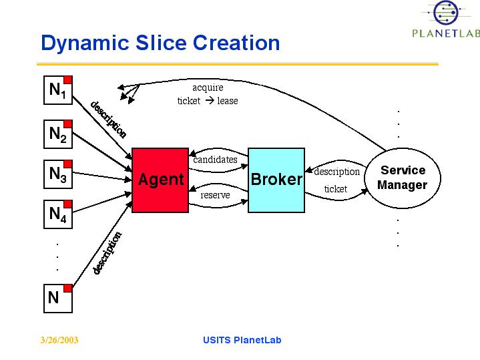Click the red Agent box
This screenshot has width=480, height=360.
[x=160, y=180]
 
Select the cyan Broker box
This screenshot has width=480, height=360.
[x=276, y=180]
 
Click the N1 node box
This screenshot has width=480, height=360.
[x=58, y=90]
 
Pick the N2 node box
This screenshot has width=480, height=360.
[x=58, y=134]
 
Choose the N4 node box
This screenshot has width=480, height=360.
[x=58, y=215]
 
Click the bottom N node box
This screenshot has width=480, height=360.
[x=58, y=298]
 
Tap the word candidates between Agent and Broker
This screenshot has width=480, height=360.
[x=215, y=160]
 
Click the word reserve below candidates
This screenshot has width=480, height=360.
[x=215, y=196]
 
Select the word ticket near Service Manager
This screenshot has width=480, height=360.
[x=335, y=189]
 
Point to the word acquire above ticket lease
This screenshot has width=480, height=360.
[x=208, y=87]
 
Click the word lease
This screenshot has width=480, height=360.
[x=227, y=101]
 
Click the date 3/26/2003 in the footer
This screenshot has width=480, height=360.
[x=59, y=341]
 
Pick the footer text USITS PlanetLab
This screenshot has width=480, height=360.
[x=242, y=340]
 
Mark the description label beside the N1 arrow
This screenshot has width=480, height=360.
[x=107, y=118]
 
